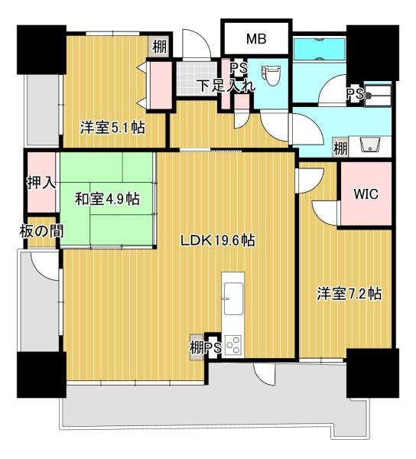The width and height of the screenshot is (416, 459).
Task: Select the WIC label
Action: (365, 194)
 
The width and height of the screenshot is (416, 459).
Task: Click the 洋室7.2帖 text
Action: (349, 295)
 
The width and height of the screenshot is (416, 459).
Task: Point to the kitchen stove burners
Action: (232, 346)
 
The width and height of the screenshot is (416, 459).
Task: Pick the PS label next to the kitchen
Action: (213, 348)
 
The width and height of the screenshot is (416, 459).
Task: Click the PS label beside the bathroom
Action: (355, 94)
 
